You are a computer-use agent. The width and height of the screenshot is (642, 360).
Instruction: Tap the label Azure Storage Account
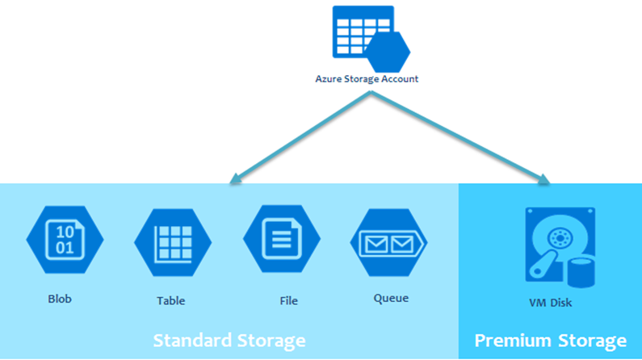pos(367,79)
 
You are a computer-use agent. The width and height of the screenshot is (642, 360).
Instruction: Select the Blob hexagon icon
pos(65,240)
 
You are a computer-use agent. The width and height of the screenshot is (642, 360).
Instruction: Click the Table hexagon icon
pos(172,240)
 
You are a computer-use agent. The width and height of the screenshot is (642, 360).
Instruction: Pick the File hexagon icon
pos(281,240)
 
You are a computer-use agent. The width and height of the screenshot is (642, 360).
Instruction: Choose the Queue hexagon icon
pos(388,241)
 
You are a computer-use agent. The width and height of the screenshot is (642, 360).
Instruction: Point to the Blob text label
pos(59,299)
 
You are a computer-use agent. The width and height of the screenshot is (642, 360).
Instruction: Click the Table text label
pos(170,301)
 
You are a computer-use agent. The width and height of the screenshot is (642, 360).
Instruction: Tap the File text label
pos(288,301)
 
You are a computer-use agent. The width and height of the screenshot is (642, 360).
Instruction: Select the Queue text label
pos(391,298)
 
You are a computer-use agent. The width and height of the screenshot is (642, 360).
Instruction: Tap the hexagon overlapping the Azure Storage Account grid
pos(388,52)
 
